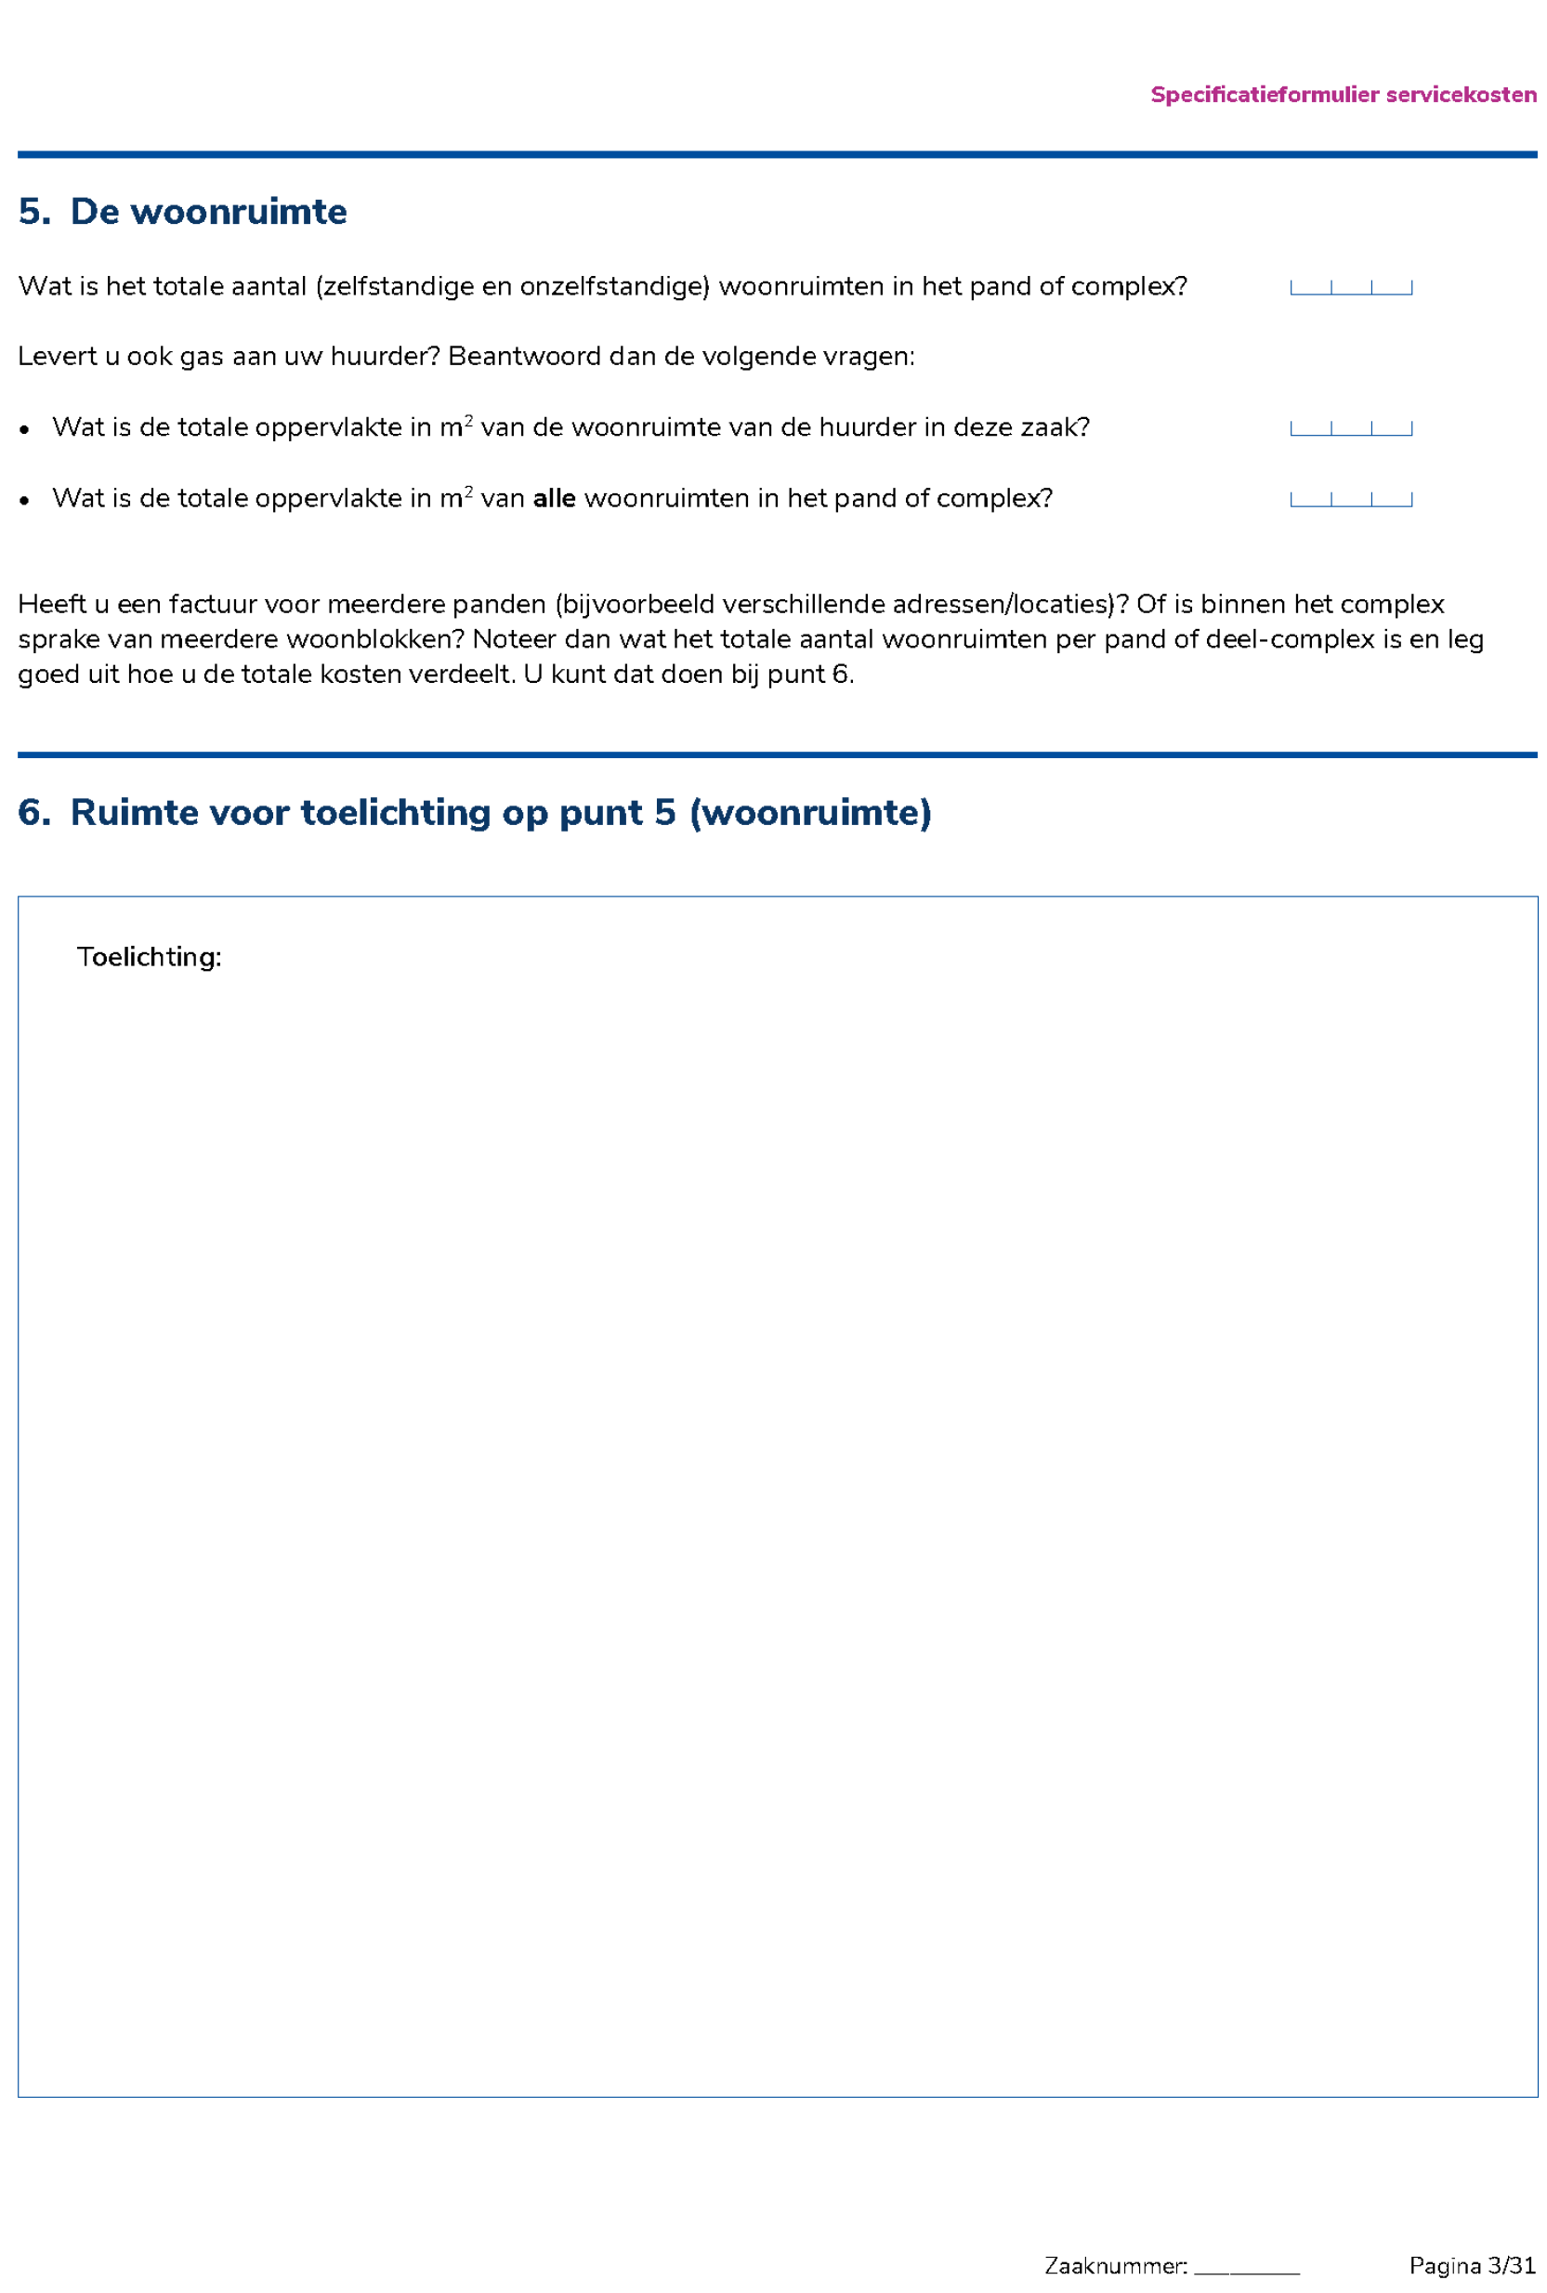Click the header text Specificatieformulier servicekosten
[x=1343, y=95]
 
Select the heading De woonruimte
[x=208, y=212]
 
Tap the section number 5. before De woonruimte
[x=33, y=212]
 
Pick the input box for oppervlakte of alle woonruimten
[x=1351, y=498]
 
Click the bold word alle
[x=554, y=498]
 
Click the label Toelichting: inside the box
[x=149, y=957]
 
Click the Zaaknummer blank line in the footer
[x=1246, y=2265]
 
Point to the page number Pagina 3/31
[x=1472, y=2265]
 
